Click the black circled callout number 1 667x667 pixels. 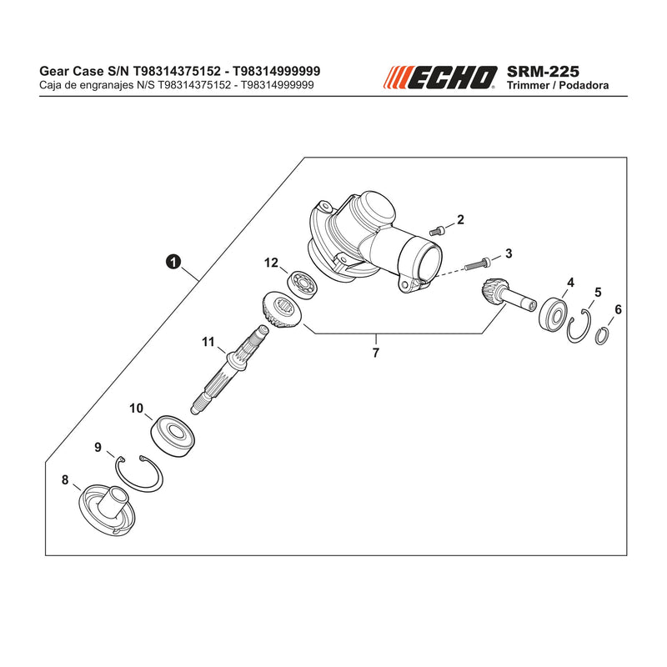(173, 262)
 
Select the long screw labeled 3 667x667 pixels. (477, 264)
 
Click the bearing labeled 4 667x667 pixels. (553, 315)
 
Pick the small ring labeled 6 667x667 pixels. (601, 336)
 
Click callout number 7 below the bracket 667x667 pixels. (376, 353)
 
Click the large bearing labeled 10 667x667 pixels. (173, 435)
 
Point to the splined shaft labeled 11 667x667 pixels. (230, 369)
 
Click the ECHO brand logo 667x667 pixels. (440, 78)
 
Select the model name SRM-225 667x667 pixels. (543, 71)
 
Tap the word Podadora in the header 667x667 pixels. (584, 86)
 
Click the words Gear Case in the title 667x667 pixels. (71, 71)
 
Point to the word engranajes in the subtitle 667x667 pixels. (107, 85)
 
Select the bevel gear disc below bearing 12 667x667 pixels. (282, 310)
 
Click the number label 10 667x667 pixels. (136, 409)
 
